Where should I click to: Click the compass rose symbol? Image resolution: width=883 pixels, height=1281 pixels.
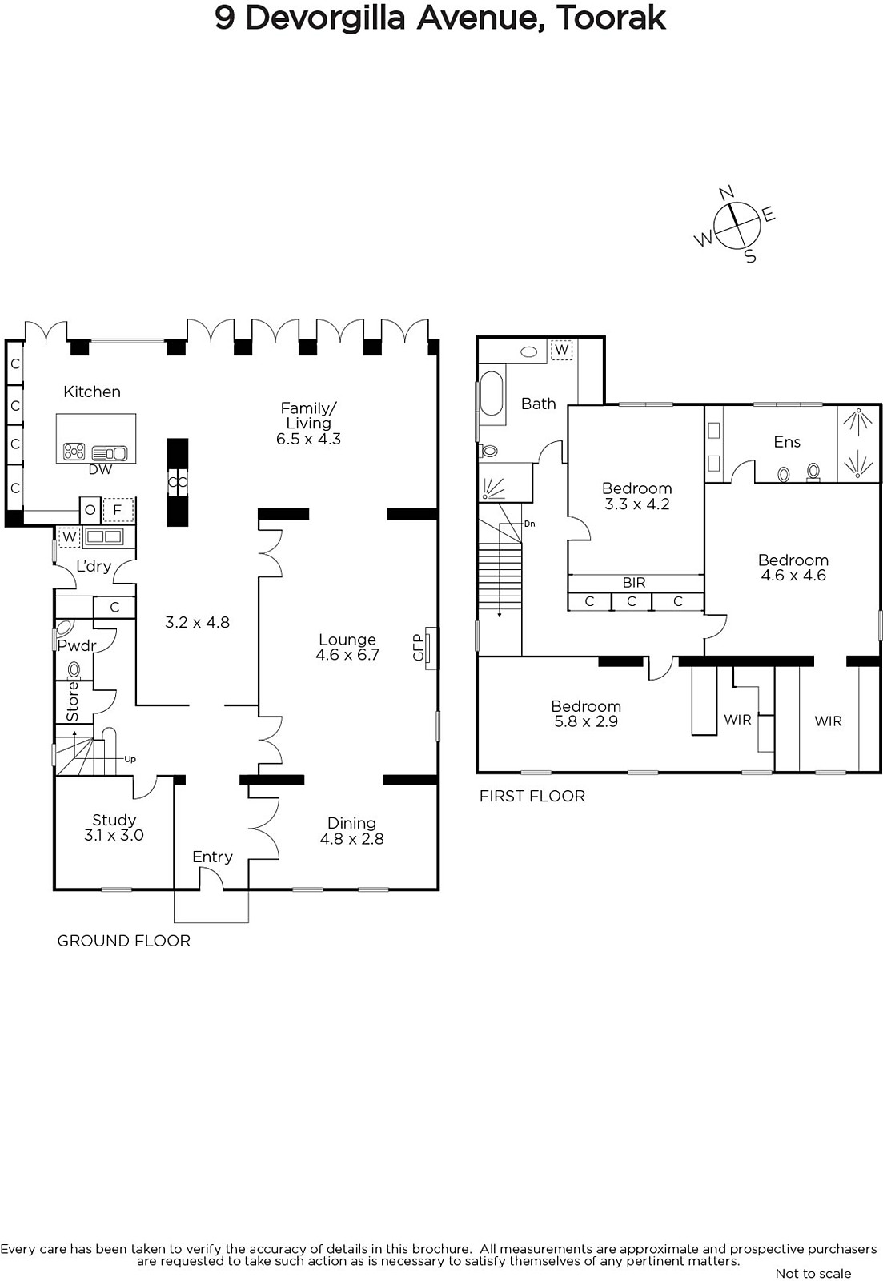738,225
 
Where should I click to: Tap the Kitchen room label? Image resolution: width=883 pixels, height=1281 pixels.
92,392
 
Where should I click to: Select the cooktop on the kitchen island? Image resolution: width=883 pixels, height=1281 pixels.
74,452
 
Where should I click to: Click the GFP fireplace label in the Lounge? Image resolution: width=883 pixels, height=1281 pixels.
418,648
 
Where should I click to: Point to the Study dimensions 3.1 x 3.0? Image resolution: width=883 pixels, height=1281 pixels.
114,835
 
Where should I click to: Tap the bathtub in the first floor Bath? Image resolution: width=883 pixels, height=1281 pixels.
492,393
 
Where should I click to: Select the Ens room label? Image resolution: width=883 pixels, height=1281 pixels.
787,441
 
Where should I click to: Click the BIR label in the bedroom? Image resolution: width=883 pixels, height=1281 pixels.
634,583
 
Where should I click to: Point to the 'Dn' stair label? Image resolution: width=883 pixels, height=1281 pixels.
530,524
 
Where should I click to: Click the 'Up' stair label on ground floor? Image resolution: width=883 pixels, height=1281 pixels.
130,760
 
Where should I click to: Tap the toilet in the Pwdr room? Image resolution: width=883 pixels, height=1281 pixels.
74,669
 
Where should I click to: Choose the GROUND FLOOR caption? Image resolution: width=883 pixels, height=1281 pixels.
123,941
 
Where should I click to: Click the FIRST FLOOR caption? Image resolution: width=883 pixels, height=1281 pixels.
532,796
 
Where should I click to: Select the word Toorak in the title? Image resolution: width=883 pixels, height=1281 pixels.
611,18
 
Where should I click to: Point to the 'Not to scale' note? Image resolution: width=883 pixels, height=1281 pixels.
813,1273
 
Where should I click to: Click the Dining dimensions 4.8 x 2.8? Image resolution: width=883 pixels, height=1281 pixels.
351,839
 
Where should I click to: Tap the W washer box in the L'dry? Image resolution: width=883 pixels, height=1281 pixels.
69,536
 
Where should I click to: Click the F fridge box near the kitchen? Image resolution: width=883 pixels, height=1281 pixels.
117,509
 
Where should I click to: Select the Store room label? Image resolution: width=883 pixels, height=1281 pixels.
73,701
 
